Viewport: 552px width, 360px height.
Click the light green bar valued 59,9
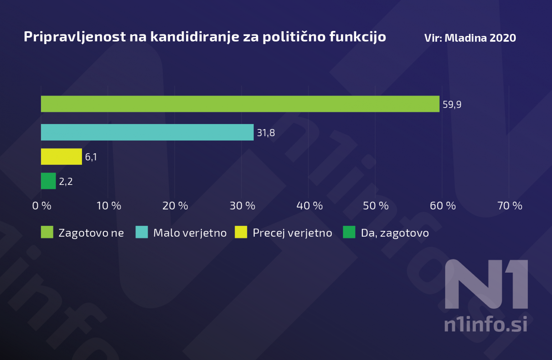pos(240,104)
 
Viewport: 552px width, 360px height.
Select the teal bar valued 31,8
pos(147,132)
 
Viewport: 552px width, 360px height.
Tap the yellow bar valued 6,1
pos(61,156)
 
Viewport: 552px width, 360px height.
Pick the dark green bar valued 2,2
pos(48,181)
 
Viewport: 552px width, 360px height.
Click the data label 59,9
pos(452,105)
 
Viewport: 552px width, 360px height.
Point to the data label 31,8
pos(266,133)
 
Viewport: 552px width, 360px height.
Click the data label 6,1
pos(91,157)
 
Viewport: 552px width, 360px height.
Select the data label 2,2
pos(66,182)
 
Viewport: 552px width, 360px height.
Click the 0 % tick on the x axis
pos(42,206)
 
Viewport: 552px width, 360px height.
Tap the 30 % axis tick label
pos(242,206)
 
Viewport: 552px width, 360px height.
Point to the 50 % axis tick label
pos(376,206)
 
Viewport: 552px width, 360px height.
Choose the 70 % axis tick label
pos(510,206)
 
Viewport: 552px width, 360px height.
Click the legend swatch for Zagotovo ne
pos(47,232)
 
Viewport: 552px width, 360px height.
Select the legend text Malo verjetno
pos(190,233)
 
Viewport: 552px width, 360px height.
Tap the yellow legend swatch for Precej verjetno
pos(241,232)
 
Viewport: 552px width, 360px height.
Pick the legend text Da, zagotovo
pos(395,233)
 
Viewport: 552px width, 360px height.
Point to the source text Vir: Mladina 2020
pos(470,38)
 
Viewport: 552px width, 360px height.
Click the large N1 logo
pos(486,284)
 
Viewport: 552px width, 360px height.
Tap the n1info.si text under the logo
pos(486,324)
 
